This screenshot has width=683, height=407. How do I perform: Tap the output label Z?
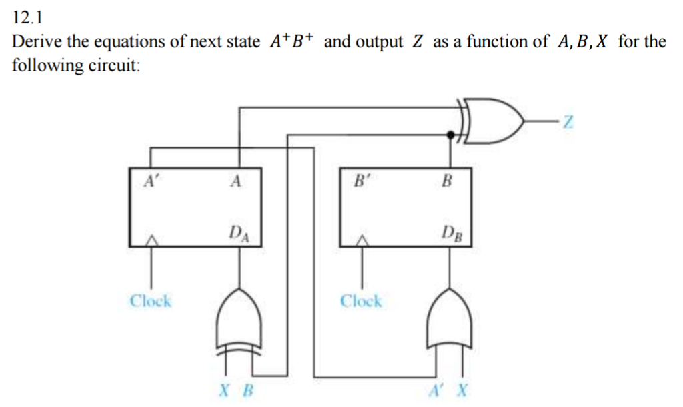[568, 122]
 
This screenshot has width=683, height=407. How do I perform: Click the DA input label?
[236, 233]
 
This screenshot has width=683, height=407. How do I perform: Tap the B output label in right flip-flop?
[448, 180]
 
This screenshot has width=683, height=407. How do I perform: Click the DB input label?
[451, 233]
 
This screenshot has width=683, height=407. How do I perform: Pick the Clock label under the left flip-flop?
[150, 301]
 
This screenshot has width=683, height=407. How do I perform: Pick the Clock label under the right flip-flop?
[361, 301]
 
